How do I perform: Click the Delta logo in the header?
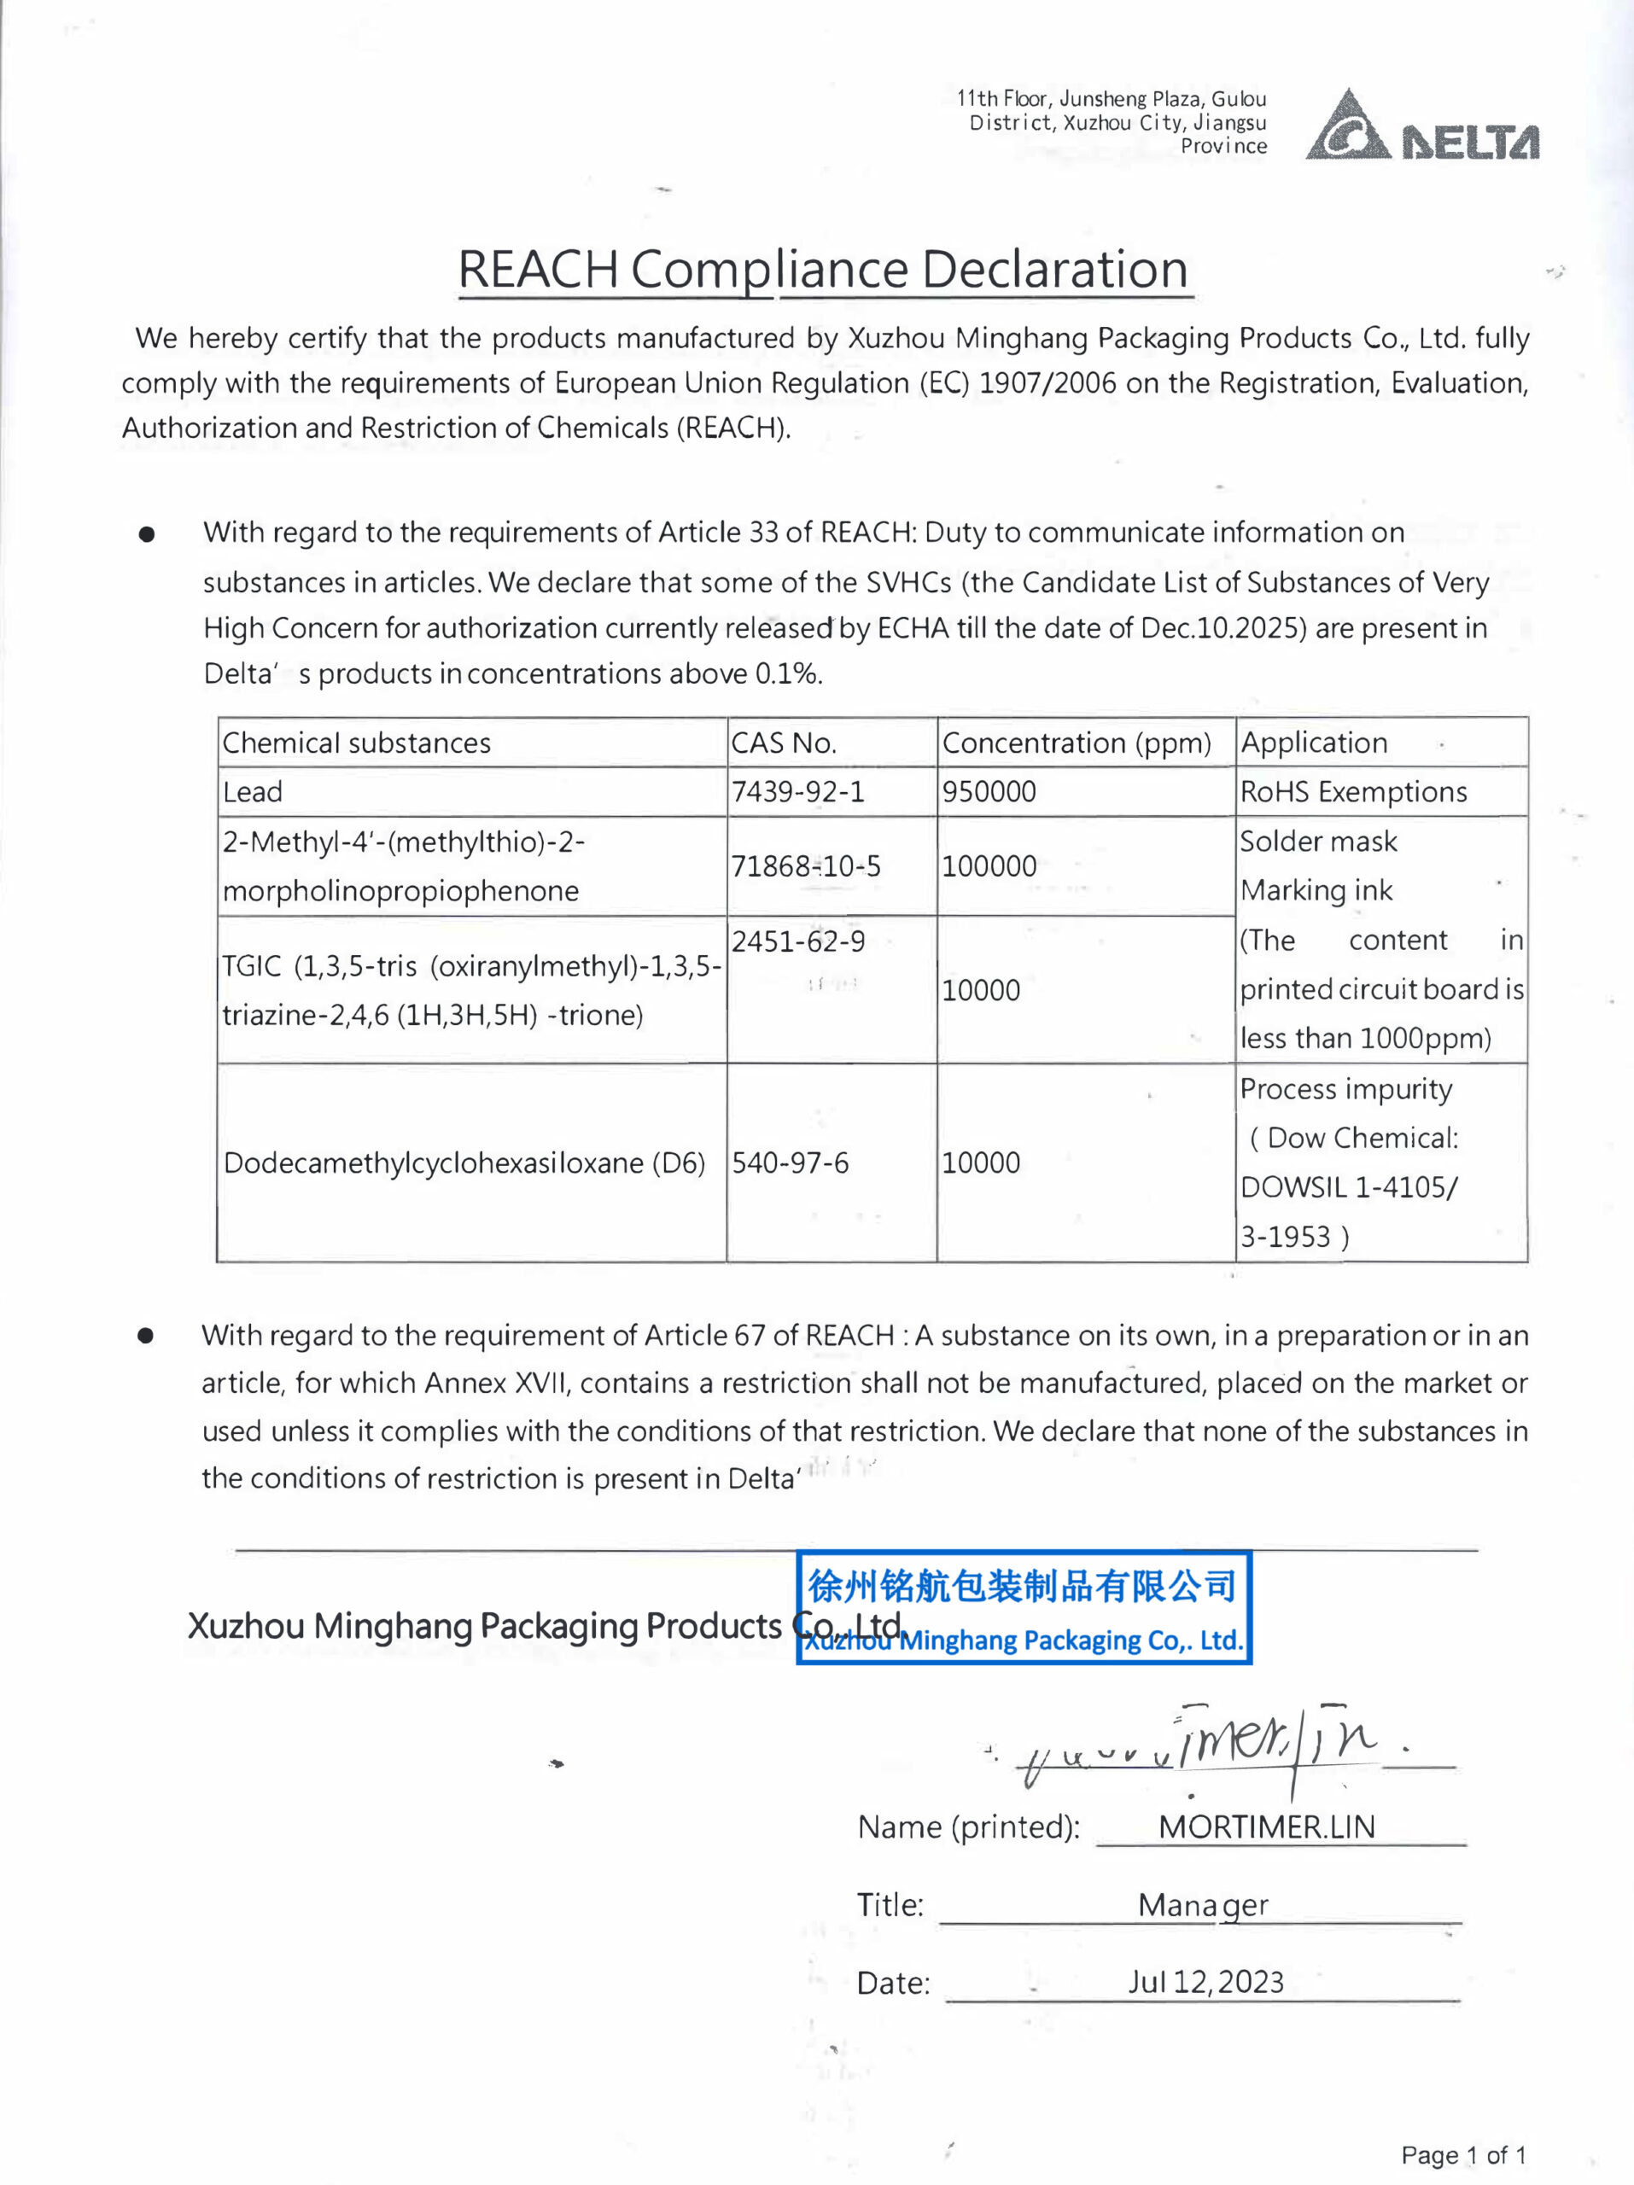(x=1421, y=127)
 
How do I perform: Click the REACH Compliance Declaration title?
(x=823, y=269)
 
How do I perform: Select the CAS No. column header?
(x=784, y=743)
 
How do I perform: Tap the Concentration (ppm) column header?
(x=1076, y=743)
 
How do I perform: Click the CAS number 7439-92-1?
(x=797, y=792)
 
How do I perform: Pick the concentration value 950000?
(x=989, y=792)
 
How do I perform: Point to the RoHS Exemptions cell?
(x=1353, y=792)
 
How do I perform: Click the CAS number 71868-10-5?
(x=805, y=866)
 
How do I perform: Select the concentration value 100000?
(x=989, y=866)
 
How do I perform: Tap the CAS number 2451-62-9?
(x=798, y=941)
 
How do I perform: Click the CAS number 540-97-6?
(x=791, y=1162)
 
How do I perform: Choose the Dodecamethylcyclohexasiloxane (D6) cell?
(x=464, y=1162)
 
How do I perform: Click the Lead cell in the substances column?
(x=253, y=792)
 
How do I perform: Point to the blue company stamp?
(x=1024, y=1608)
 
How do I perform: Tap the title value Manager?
(x=1202, y=1904)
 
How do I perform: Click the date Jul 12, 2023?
(x=1206, y=1982)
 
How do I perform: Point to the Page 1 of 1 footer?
(x=1463, y=2154)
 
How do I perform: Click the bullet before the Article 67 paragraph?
(x=146, y=1337)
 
